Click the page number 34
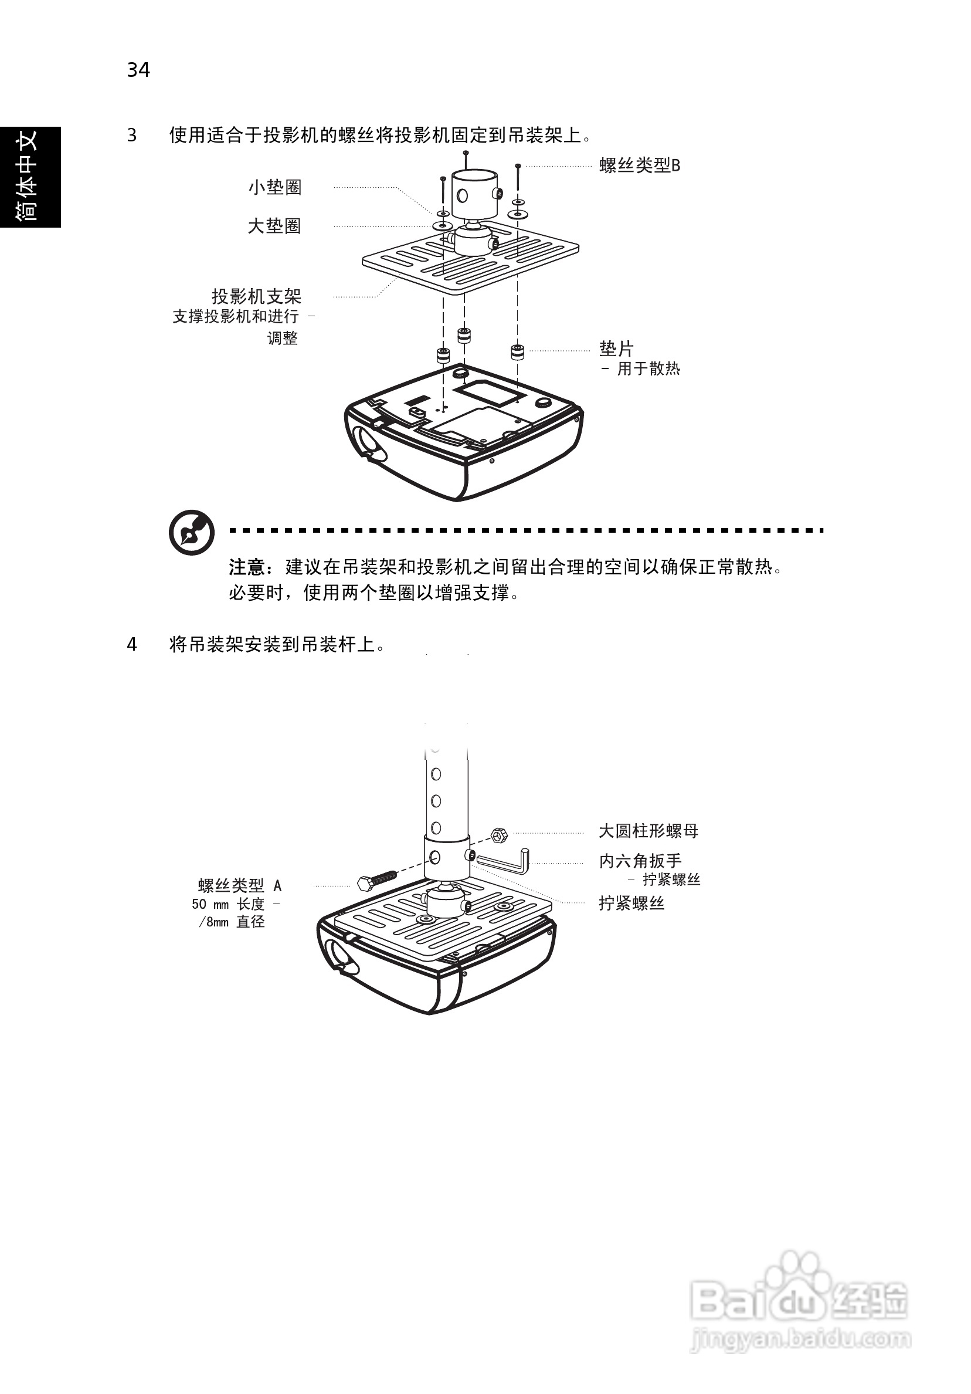pos(138,70)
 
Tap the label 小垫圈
pos(274,187)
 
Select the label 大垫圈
pos(274,226)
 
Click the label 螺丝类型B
pos(640,165)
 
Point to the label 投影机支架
pos(256,296)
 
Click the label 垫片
pos(616,348)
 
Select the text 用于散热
pos(648,368)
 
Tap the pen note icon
pos(192,533)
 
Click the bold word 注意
pos(247,567)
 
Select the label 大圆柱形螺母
pos(648,831)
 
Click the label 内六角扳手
pos(640,860)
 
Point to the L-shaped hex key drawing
pos(508,860)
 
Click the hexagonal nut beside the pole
pos(498,835)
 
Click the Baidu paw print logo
pos(796,1278)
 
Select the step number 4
pos(132,644)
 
